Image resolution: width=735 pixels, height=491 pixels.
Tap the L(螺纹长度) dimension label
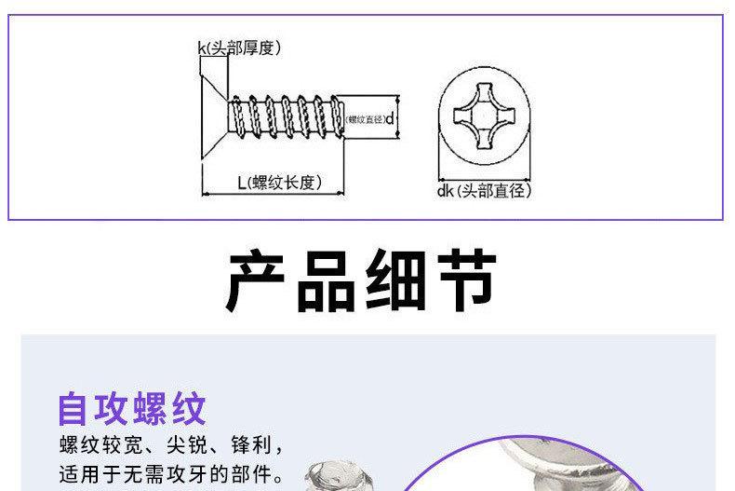278,183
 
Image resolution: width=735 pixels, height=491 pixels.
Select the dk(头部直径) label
483,191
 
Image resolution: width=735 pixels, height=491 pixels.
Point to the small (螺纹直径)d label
370,118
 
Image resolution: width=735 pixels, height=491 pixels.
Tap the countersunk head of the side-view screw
215,116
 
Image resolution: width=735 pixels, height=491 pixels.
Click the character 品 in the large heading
327,280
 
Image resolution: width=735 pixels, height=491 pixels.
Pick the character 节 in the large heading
466,280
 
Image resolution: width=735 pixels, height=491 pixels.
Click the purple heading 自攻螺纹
131,408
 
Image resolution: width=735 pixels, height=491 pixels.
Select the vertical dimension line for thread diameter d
399,117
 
